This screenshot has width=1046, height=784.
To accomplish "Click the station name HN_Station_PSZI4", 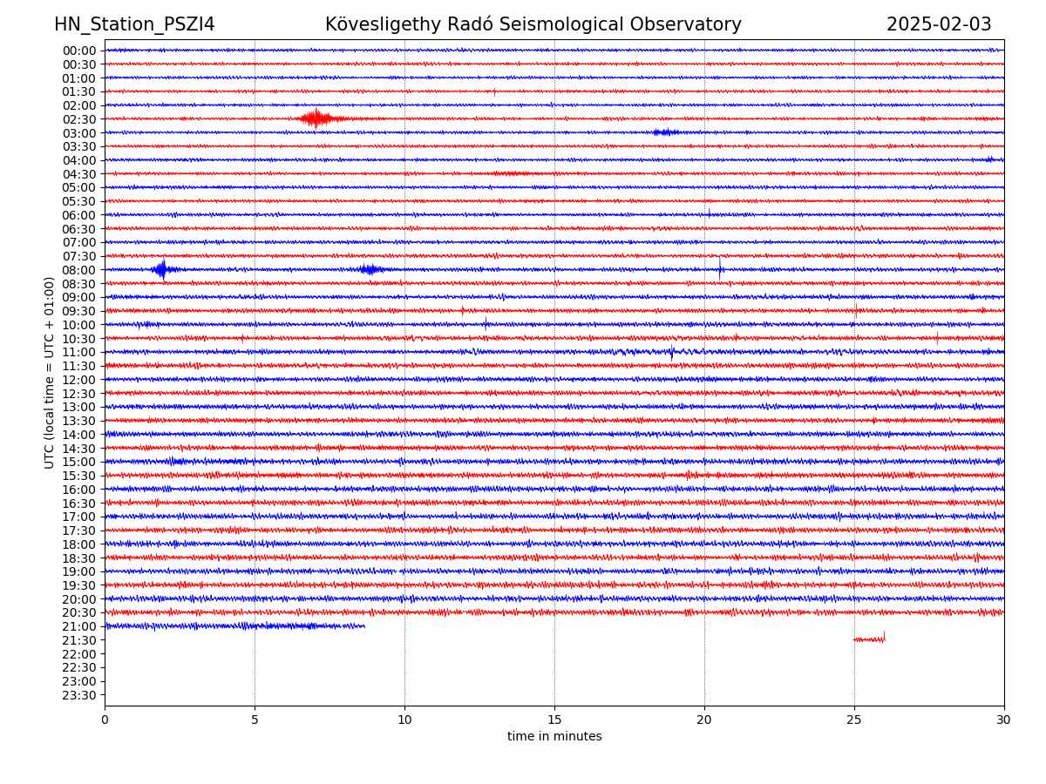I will pos(134,24).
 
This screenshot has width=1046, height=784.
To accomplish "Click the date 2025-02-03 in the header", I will pos(939,24).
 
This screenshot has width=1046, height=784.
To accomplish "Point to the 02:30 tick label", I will pos(79,119).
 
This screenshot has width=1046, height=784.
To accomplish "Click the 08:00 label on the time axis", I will pos(79,270).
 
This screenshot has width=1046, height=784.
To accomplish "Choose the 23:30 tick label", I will pos(79,695).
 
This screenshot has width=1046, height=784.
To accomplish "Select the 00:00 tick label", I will pos(79,51).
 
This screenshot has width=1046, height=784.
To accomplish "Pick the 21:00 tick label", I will pos(79,626).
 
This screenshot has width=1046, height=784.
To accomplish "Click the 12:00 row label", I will pos(79,380).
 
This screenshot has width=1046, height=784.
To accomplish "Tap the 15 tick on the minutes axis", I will pos(554,720).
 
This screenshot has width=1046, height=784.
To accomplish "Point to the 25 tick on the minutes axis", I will pos(854,720).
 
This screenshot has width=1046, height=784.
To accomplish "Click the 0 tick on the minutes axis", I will pos(105,720).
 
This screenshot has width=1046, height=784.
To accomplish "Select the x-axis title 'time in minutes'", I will pos(554,736).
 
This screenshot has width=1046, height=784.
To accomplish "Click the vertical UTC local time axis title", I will pos(50,372).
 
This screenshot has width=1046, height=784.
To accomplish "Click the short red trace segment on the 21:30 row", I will pos(869,639).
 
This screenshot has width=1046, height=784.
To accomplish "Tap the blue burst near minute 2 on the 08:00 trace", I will pos(162,269).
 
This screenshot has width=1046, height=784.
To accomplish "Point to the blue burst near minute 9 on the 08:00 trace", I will pos(370,269).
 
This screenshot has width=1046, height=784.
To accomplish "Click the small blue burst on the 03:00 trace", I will pos(666,132).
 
